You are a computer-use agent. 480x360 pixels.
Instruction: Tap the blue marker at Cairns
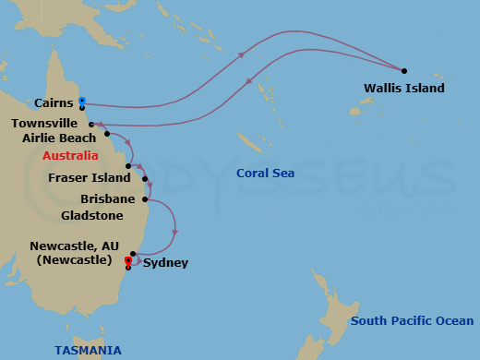pyautogui.click(x=82, y=100)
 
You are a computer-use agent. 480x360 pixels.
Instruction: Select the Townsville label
pyautogui.click(x=43, y=122)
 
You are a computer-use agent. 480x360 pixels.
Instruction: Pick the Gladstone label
pyautogui.click(x=91, y=215)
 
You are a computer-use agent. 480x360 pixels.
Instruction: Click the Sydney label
pyautogui.click(x=166, y=263)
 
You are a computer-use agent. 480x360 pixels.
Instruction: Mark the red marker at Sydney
pyautogui.click(x=128, y=260)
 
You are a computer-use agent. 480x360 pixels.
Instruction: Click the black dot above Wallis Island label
pyautogui.click(x=404, y=70)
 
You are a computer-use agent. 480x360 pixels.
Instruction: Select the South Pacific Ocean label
pyautogui.click(x=413, y=321)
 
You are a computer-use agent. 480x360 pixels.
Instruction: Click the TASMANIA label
pyautogui.click(x=88, y=351)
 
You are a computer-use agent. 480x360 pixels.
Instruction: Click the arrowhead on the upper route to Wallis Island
pyautogui.click(x=242, y=54)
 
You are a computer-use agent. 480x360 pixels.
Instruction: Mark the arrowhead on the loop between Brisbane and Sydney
pyautogui.click(x=174, y=232)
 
